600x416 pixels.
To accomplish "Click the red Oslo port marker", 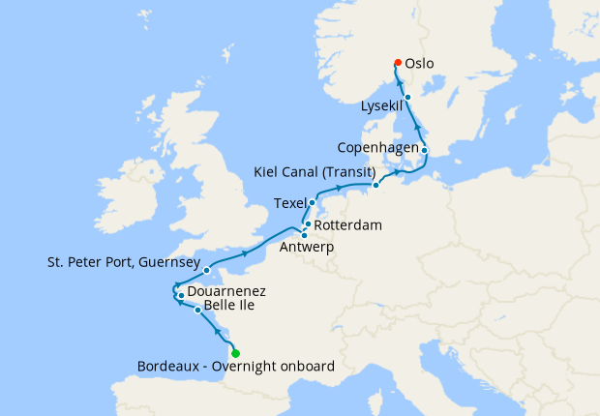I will pos(397,63).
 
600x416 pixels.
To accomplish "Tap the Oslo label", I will pos(419,64).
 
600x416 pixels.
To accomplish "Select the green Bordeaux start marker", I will pos(235,353).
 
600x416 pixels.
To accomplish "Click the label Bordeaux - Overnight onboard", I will pos(236,368).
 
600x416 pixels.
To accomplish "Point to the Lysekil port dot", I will pos(408,98).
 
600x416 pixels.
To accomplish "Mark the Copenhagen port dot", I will pos(425,150).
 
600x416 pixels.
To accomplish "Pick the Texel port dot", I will pos(312,203).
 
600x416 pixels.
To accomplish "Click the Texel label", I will pos(289,203).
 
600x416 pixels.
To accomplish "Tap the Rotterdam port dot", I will pos(308,223).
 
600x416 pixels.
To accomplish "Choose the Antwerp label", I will pos(305,247).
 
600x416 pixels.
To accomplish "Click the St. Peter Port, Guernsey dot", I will pos(207,271).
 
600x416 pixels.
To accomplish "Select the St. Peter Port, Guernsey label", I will pos(123,262).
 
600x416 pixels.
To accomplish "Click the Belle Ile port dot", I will pos(198,311).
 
